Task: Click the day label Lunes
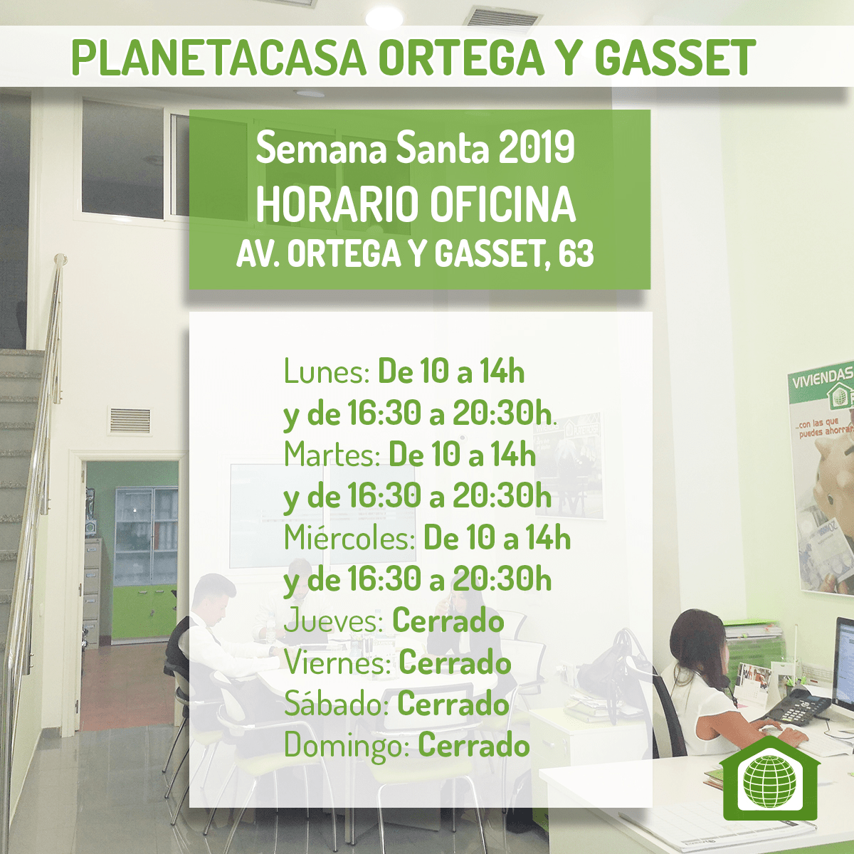click(x=326, y=371)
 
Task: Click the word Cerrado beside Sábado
click(x=453, y=704)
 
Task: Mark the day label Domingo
click(x=346, y=747)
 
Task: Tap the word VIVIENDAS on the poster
click(x=823, y=380)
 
